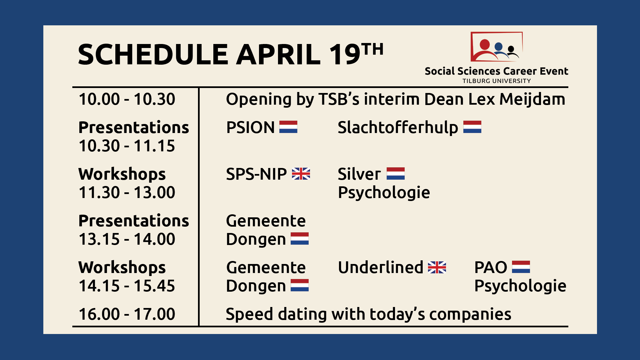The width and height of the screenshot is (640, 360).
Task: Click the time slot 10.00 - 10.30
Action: click(x=127, y=99)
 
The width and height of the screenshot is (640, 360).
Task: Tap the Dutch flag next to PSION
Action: click(x=288, y=127)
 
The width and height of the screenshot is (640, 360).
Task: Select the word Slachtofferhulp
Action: click(x=398, y=128)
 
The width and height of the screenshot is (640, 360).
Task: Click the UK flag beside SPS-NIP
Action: click(x=301, y=174)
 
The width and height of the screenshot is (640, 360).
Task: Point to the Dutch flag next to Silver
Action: click(x=396, y=174)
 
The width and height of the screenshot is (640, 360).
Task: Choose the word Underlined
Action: click(x=380, y=267)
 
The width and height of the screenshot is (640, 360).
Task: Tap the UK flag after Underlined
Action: click(x=437, y=267)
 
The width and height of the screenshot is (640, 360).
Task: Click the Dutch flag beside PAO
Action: click(x=521, y=267)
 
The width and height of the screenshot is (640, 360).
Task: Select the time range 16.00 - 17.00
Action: click(x=127, y=314)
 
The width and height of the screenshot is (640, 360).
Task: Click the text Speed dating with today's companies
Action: click(x=368, y=314)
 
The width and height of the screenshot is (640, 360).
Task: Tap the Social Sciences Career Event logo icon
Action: click(x=496, y=47)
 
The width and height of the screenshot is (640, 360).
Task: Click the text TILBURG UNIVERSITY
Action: click(x=497, y=81)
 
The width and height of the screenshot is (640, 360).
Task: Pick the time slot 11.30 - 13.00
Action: click(x=127, y=193)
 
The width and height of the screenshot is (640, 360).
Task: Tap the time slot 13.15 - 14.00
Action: click(x=127, y=239)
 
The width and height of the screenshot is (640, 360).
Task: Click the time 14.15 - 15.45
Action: click(x=127, y=286)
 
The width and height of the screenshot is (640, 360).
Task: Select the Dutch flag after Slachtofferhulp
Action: click(x=472, y=127)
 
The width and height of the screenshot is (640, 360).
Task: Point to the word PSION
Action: click(x=250, y=127)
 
